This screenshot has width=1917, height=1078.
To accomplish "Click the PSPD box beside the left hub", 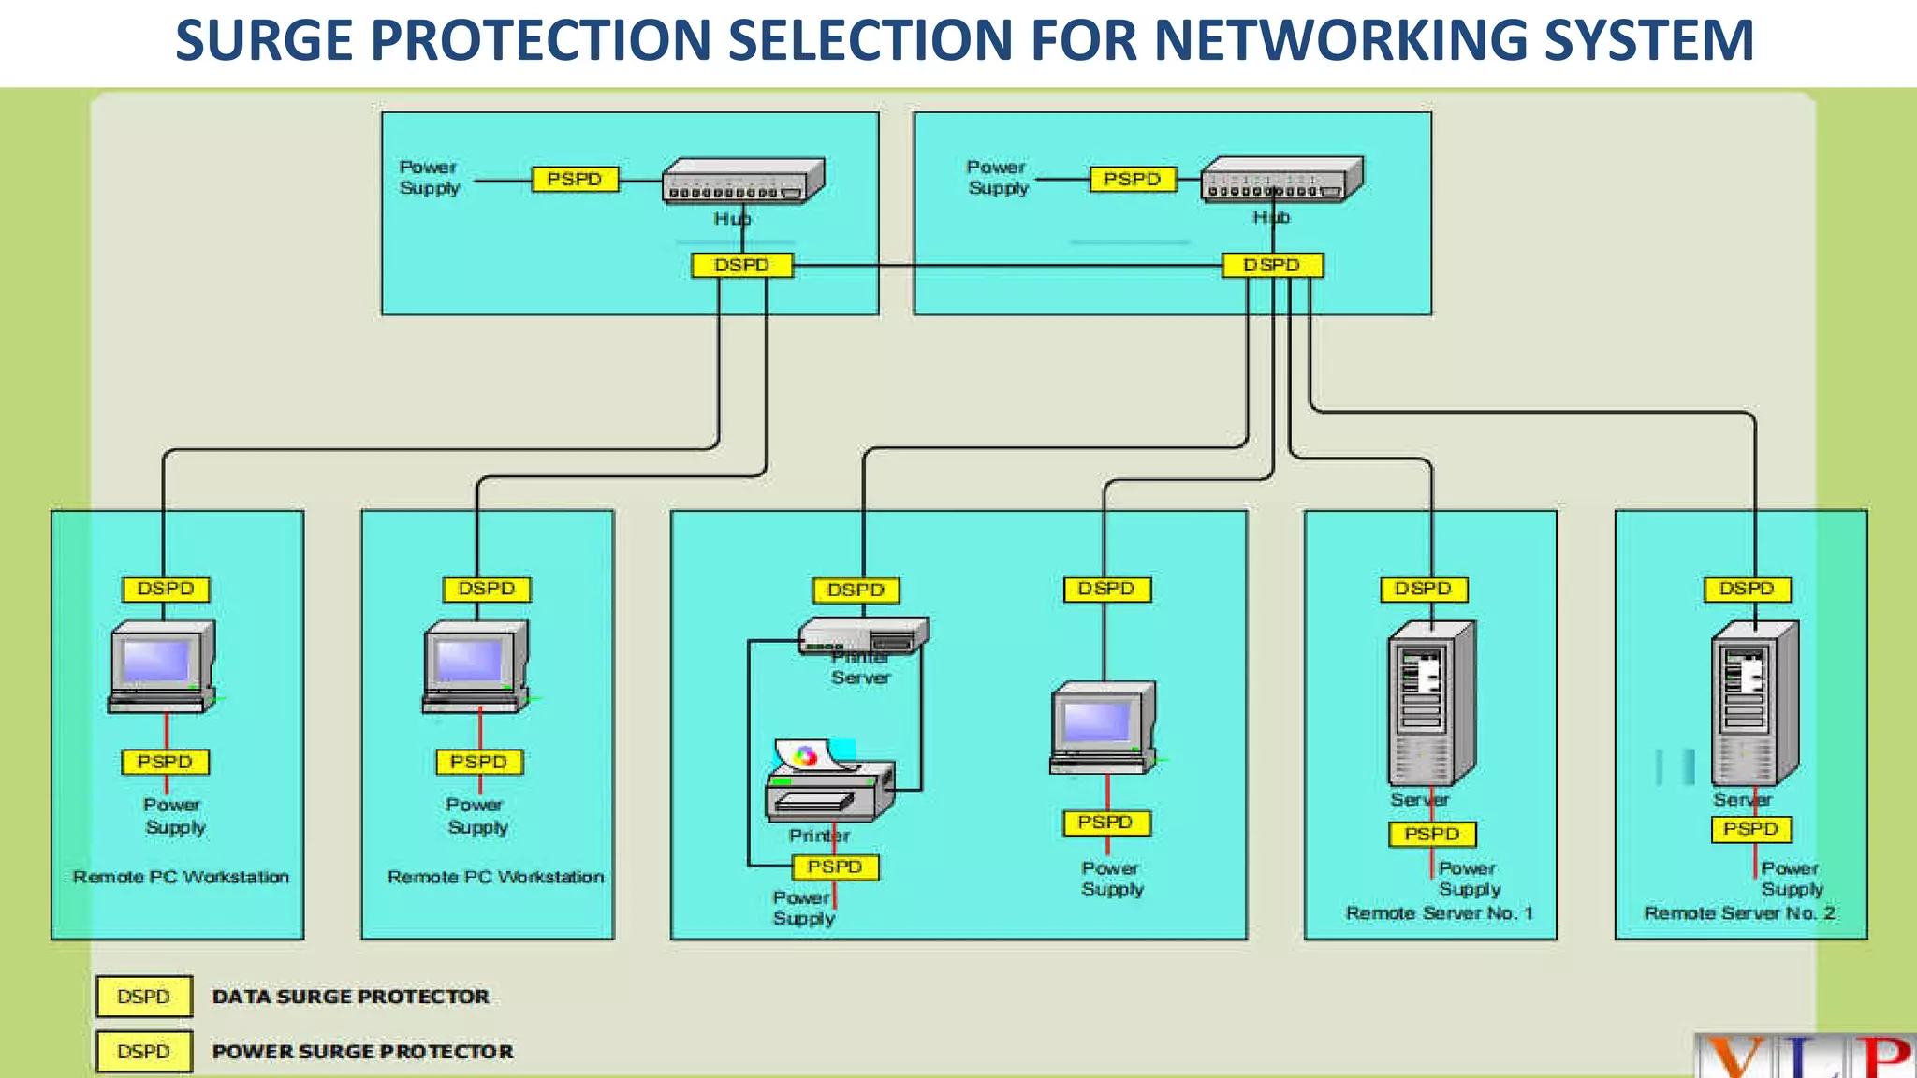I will pos(575,179).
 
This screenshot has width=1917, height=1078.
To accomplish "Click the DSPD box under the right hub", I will pos(1272,266).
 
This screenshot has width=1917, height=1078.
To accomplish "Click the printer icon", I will pos(829,783).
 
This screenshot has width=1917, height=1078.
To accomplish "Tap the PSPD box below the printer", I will pos(835,867).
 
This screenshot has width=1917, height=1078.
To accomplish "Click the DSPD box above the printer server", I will pos(856,590).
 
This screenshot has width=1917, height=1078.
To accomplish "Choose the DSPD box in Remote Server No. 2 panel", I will pos(1747,589).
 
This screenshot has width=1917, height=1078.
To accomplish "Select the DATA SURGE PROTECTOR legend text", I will pos(350,997).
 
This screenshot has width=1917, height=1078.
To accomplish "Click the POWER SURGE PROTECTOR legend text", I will pos(362,1052).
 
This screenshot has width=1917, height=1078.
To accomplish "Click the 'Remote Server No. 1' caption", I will pos(1439,913).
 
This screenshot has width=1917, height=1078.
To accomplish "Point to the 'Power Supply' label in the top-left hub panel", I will pos(430,178).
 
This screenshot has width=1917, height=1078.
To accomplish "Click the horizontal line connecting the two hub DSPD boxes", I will pos(1006,267).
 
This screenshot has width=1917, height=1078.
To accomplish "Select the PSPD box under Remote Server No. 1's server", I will pos(1431,834).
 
